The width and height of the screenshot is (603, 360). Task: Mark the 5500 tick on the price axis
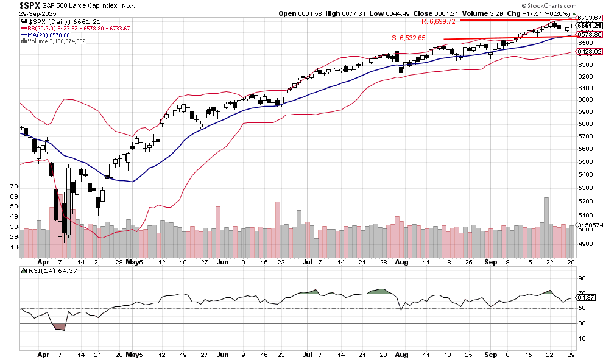(x=585, y=161)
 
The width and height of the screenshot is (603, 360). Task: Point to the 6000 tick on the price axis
(x=585, y=100)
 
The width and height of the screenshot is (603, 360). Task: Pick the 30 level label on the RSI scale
(x=581, y=323)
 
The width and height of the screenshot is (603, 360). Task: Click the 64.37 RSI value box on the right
(x=586, y=298)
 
